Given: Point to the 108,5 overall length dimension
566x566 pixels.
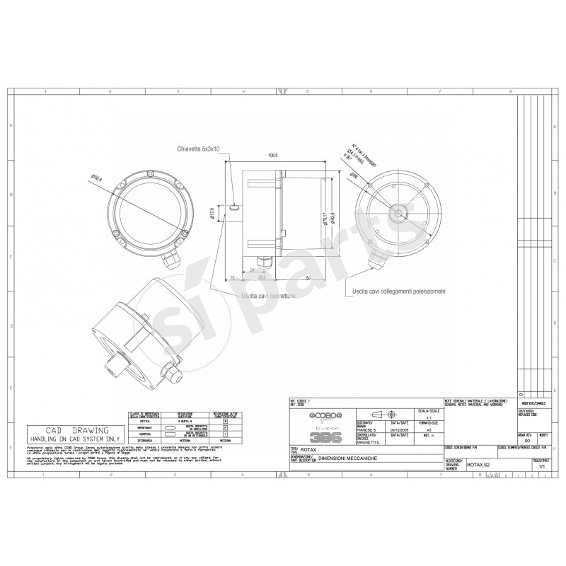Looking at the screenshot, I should [272, 156].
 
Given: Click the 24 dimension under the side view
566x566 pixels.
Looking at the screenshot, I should [252, 270].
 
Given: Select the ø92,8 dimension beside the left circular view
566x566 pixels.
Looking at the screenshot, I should [97, 178].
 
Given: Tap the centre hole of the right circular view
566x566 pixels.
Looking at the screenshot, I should [398, 212].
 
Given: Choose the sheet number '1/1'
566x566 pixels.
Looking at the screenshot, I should [543, 467].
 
